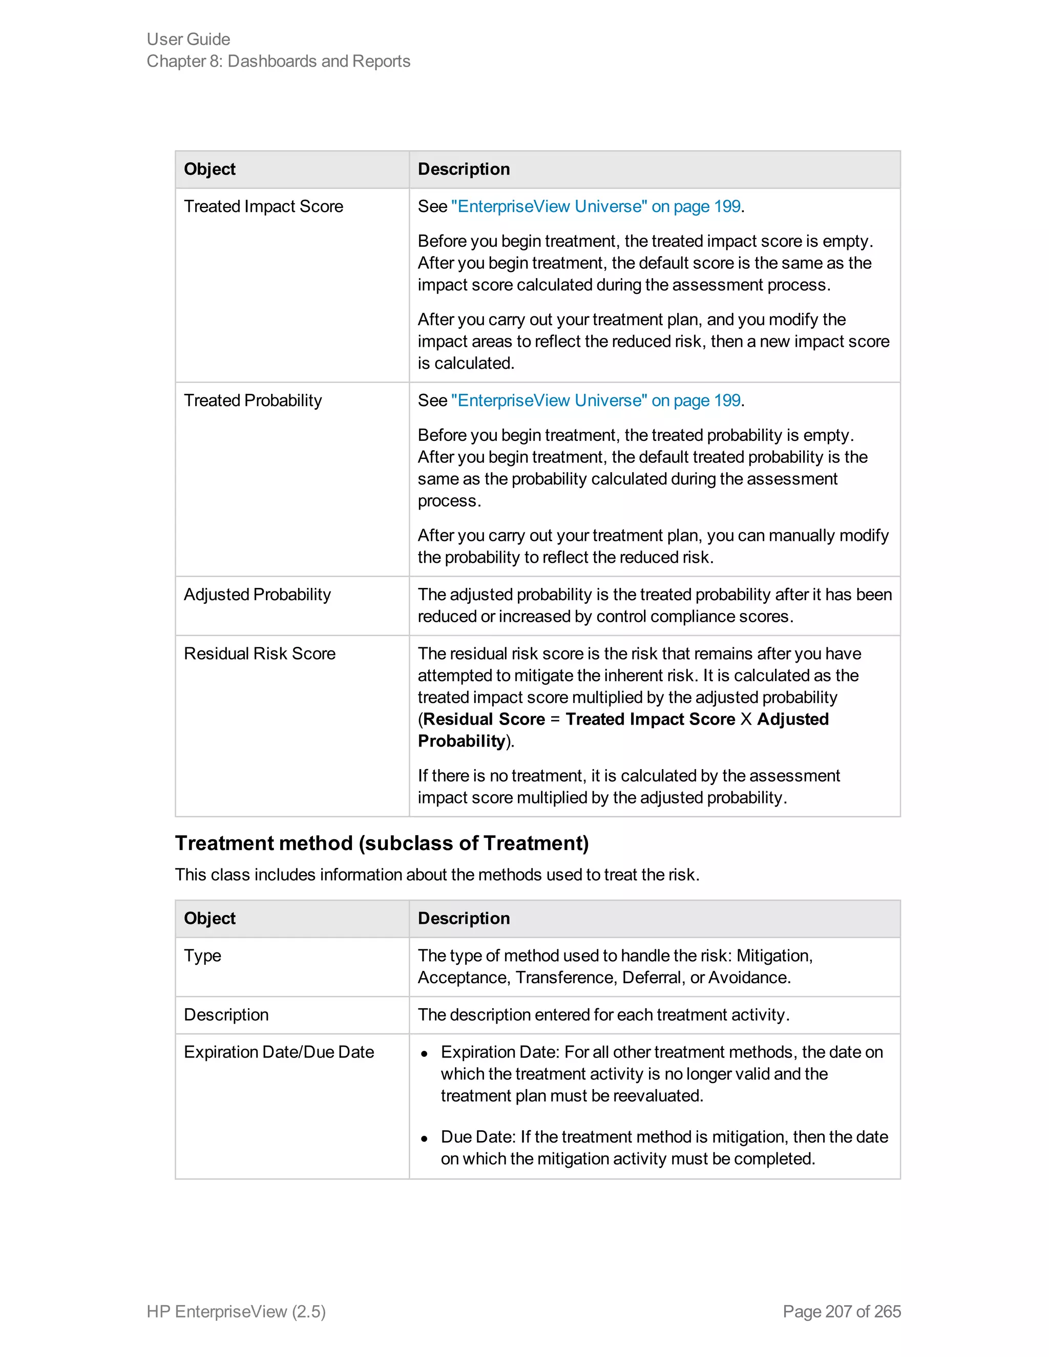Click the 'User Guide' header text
click(188, 39)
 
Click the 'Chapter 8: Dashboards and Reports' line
click(279, 61)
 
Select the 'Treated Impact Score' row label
click(263, 206)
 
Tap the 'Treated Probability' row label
click(253, 400)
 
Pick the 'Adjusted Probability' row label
click(257, 595)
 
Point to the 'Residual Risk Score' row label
click(260, 653)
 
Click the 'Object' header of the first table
click(209, 169)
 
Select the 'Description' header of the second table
click(464, 918)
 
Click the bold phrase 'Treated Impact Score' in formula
click(650, 719)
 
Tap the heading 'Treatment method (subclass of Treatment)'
click(382, 843)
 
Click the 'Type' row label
click(203, 956)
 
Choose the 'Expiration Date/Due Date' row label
click(279, 1052)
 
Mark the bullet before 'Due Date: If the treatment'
click(425, 1138)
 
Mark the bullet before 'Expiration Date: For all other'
click(425, 1054)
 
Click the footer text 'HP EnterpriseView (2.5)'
click(236, 1311)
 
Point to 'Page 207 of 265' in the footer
click(842, 1311)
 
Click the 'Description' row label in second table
click(226, 1014)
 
